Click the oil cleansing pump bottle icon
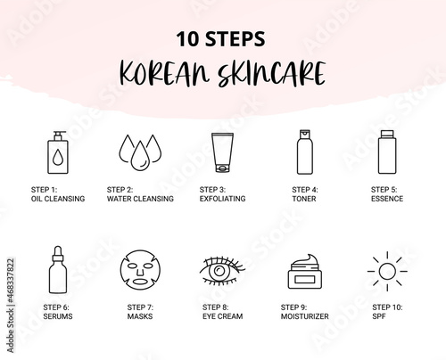pyautogui.click(x=58, y=152)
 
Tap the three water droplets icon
pyautogui.click(x=140, y=152)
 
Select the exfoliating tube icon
pyautogui.click(x=222, y=152)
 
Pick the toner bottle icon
pyautogui.click(x=305, y=151)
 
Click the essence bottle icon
pyautogui.click(x=387, y=151)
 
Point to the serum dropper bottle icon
pyautogui.click(x=58, y=270)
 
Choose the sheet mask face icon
pyautogui.click(x=140, y=270)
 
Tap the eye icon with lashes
pyautogui.click(x=222, y=271)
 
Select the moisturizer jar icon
pyautogui.click(x=305, y=272)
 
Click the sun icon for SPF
pyautogui.click(x=387, y=271)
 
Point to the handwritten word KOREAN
pyautogui.click(x=164, y=73)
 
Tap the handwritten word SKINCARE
pyautogui.click(x=271, y=73)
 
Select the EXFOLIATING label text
pyautogui.click(x=222, y=199)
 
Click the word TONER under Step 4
pyautogui.click(x=304, y=199)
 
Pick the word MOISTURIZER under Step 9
pyautogui.click(x=305, y=316)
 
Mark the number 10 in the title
pyautogui.click(x=187, y=39)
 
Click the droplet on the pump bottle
pyautogui.click(x=58, y=157)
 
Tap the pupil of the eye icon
pyautogui.click(x=219, y=270)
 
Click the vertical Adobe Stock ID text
pyautogui.click(x=11, y=306)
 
